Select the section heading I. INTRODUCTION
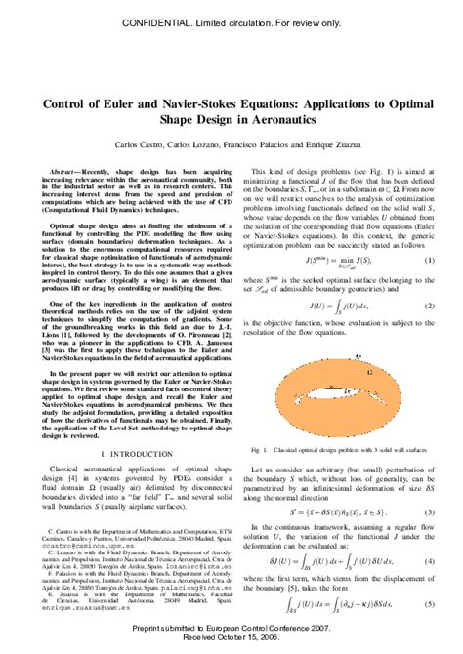click(x=114, y=454)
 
